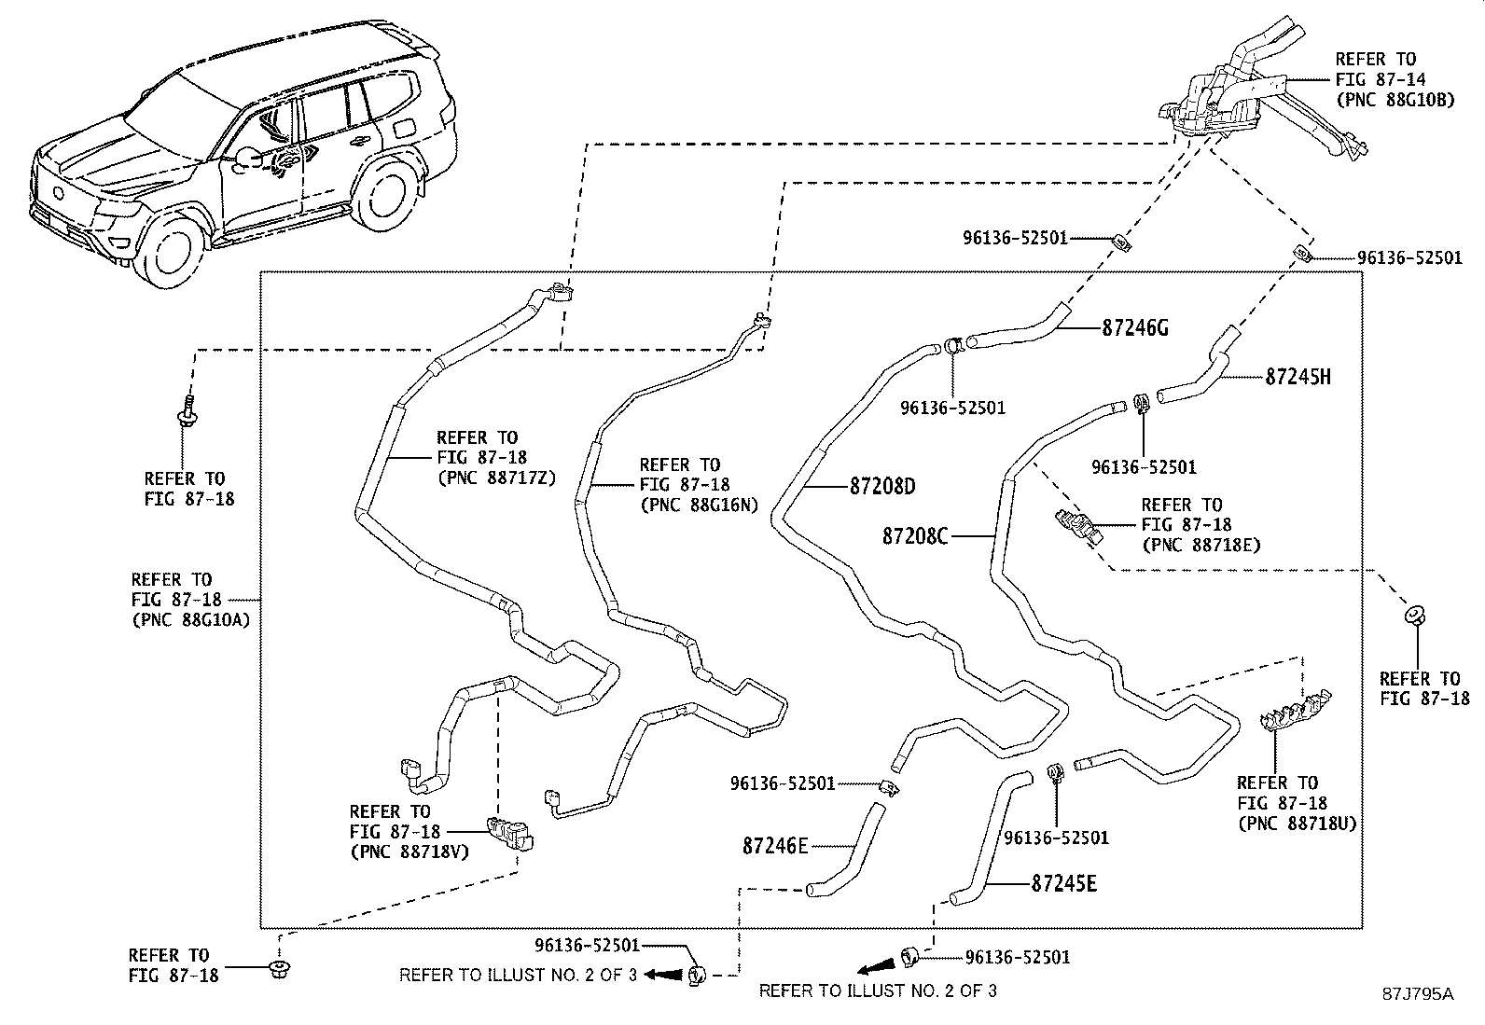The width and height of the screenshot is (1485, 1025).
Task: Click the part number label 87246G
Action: coord(1135,327)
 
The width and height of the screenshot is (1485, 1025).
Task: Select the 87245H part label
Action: coord(1298,377)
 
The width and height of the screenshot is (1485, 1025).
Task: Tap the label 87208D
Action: coord(882,487)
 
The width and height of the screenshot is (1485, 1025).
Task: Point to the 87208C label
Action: coord(915,535)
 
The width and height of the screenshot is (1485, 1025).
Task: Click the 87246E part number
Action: coord(775,846)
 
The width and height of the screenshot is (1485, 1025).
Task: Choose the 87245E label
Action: coord(1064,883)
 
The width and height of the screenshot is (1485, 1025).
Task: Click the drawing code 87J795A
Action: coord(1418,994)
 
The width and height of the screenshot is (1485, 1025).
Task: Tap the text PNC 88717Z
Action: coord(497,478)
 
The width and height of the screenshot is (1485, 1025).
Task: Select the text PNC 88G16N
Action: coord(700,506)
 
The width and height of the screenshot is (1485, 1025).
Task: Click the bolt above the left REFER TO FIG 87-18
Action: coord(187,411)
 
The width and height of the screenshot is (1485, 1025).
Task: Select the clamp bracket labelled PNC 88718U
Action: coord(1294,712)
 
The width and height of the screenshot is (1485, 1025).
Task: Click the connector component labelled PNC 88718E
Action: coord(1078,526)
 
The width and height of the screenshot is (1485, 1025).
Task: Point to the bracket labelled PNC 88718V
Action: coord(510,834)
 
